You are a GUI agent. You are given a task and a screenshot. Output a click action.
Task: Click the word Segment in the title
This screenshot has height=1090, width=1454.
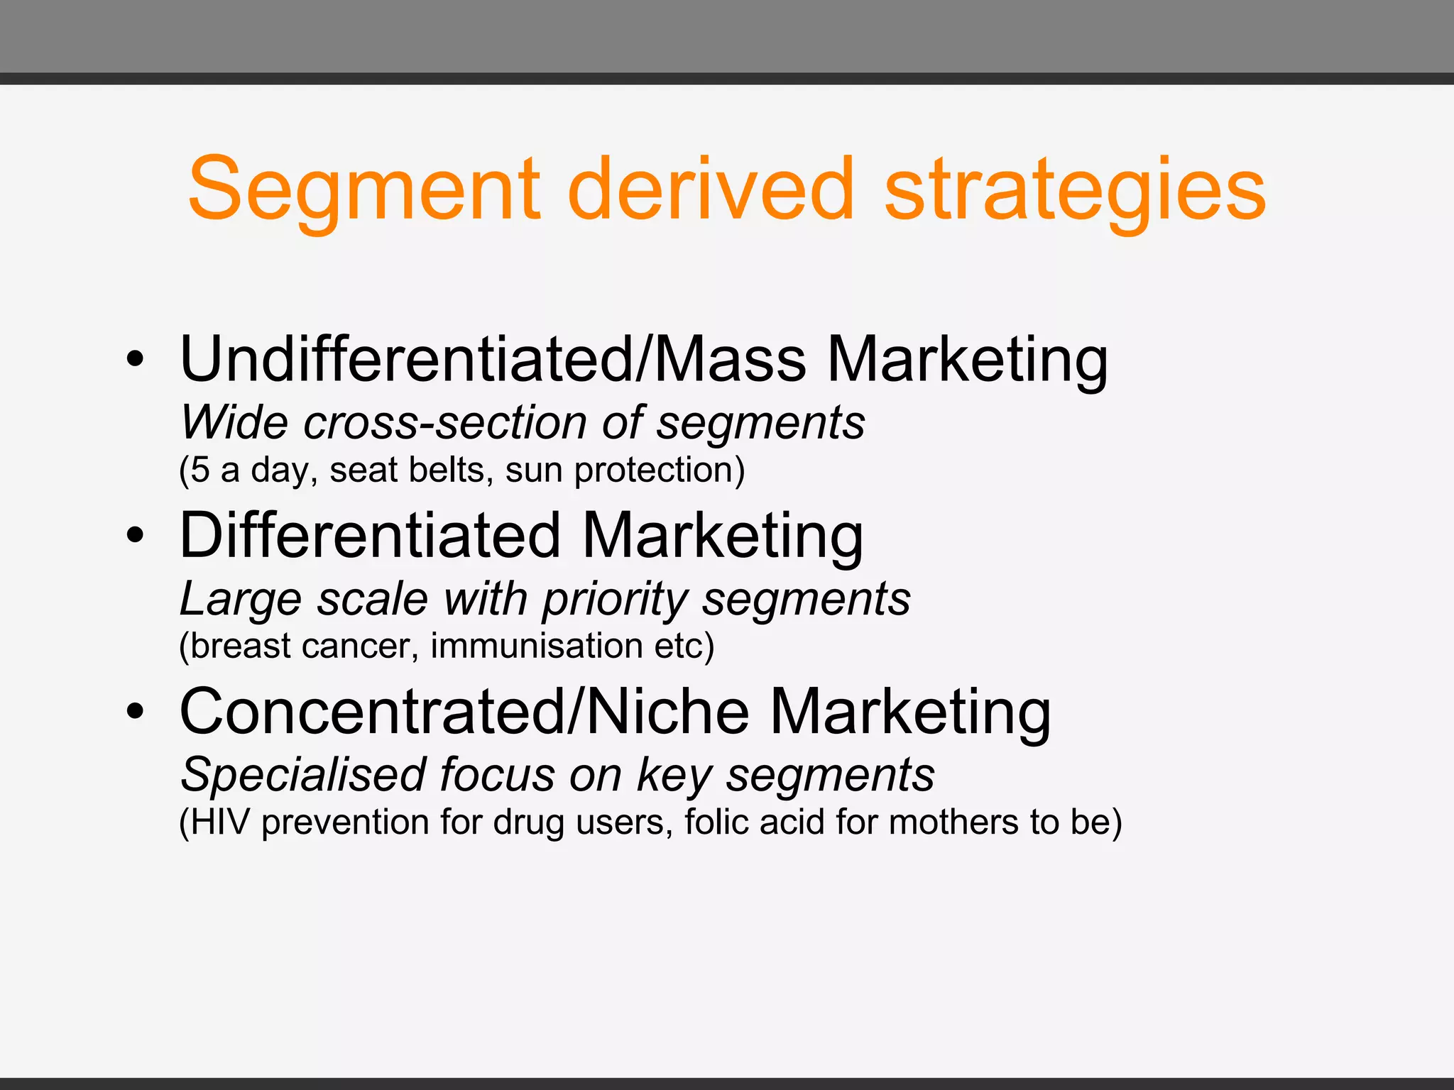coord(363,190)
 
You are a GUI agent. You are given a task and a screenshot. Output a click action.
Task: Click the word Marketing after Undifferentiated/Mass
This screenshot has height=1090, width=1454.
coord(967,360)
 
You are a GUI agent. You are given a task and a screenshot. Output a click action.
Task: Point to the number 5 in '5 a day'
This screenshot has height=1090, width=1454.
coord(200,470)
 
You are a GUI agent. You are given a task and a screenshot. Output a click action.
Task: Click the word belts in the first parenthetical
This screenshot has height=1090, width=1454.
coord(452,470)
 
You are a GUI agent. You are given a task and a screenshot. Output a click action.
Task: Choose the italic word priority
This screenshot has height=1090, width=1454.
coord(615,600)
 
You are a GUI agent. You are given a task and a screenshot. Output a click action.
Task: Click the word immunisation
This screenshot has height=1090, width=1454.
coord(537,646)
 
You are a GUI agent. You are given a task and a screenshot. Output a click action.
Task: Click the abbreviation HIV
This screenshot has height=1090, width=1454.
coord(220,822)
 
